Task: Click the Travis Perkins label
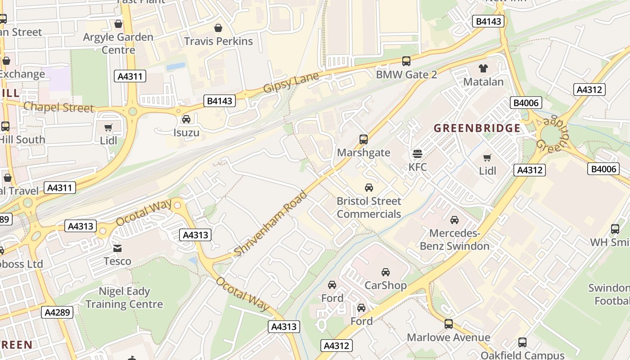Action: pyautogui.click(x=218, y=41)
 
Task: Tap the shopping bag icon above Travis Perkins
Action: pyautogui.click(x=218, y=28)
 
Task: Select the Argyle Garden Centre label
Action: pyautogui.click(x=118, y=43)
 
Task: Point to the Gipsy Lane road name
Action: pyautogui.click(x=291, y=82)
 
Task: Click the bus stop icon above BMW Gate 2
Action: pyautogui.click(x=406, y=61)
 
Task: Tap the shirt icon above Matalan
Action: pyautogui.click(x=483, y=68)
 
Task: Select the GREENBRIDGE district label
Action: pyautogui.click(x=477, y=128)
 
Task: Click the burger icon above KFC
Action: pyautogui.click(x=418, y=154)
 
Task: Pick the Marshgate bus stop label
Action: pyautogui.click(x=364, y=153)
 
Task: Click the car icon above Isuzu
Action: pyautogui.click(x=186, y=119)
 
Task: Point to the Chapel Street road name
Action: pyautogui.click(x=58, y=108)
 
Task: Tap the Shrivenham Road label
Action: pyautogui.click(x=271, y=224)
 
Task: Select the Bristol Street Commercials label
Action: pyautogui.click(x=369, y=207)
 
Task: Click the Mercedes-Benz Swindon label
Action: pyautogui.click(x=454, y=240)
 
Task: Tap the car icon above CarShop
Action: pyautogui.click(x=386, y=272)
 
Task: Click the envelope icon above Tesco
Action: pyautogui.click(x=117, y=248)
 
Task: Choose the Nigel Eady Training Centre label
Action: pyautogui.click(x=124, y=298)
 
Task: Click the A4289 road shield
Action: pyautogui.click(x=57, y=312)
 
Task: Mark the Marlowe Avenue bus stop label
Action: pyautogui.click(x=448, y=337)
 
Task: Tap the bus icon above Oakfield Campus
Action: pyautogui.click(x=522, y=342)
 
